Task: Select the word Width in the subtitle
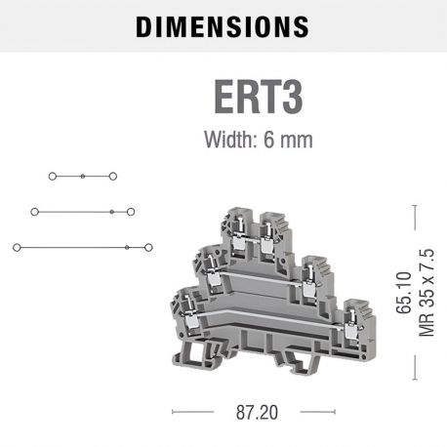[x=226, y=140]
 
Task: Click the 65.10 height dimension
[x=403, y=293]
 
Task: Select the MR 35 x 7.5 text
[x=426, y=293]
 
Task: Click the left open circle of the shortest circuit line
[x=52, y=177]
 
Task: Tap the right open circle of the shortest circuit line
[x=113, y=177]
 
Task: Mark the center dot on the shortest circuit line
[x=83, y=177]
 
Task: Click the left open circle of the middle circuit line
[x=35, y=211]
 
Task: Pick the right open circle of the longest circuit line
[x=147, y=247]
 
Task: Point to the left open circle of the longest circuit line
[x=17, y=247]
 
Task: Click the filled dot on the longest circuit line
[x=127, y=247]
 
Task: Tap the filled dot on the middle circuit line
[x=112, y=211]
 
